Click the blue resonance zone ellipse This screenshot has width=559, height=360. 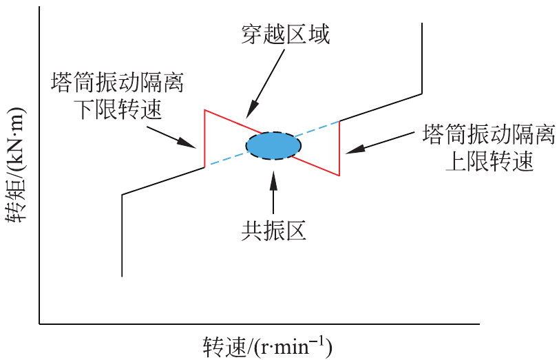pyautogui.click(x=273, y=146)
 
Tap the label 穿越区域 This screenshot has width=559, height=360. pyautogui.click(x=285, y=34)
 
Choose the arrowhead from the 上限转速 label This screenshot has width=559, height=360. pyautogui.click(x=348, y=149)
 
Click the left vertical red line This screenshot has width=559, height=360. pyautogui.click(x=204, y=138)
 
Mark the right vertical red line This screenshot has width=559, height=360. pyautogui.click(x=339, y=148)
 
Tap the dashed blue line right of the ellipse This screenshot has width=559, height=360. pyautogui.click(x=320, y=129)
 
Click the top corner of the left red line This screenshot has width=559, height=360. pyautogui.click(x=204, y=109)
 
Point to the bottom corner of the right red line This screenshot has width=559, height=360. pyautogui.click(x=339, y=176)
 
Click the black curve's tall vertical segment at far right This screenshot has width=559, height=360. pyautogui.click(x=421, y=59)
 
